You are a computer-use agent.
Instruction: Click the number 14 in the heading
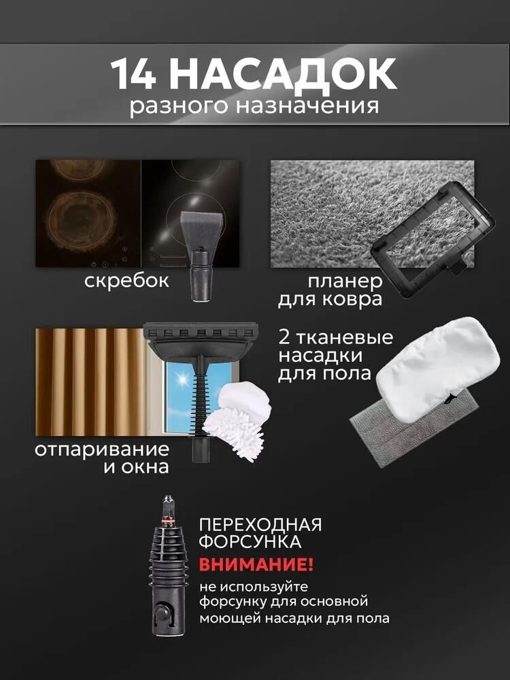(x=133, y=75)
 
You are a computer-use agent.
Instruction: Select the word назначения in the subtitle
(x=307, y=106)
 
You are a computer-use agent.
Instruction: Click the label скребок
(x=126, y=280)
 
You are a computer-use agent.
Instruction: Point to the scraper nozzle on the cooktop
(x=201, y=253)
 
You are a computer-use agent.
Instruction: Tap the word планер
(x=345, y=282)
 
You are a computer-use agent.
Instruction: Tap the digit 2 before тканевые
(x=284, y=337)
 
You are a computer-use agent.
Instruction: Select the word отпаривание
(x=102, y=449)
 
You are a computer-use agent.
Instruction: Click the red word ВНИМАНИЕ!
(x=256, y=564)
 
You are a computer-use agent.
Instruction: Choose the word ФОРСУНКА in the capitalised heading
(x=250, y=542)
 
